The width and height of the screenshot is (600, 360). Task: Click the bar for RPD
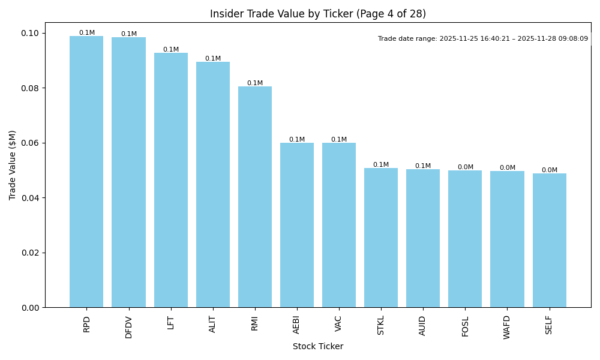86,172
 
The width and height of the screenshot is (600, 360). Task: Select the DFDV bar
128,172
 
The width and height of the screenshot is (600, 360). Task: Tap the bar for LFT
170,180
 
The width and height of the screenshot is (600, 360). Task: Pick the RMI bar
255,197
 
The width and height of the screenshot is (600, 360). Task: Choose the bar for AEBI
297,225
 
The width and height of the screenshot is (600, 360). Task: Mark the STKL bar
381,238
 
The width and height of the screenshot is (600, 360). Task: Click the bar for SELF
549,240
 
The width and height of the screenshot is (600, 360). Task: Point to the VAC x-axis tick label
339,323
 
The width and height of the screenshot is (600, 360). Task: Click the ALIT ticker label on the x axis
213,324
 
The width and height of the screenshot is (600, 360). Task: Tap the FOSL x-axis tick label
465,325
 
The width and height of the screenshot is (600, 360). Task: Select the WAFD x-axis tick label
507,327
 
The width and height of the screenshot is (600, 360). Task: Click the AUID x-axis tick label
423,325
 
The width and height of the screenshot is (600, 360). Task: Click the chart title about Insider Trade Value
318,14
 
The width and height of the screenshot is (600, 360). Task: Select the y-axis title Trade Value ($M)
13,165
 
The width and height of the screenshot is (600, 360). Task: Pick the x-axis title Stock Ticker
318,346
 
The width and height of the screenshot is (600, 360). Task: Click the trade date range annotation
483,39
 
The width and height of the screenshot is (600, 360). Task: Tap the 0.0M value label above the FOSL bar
465,167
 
